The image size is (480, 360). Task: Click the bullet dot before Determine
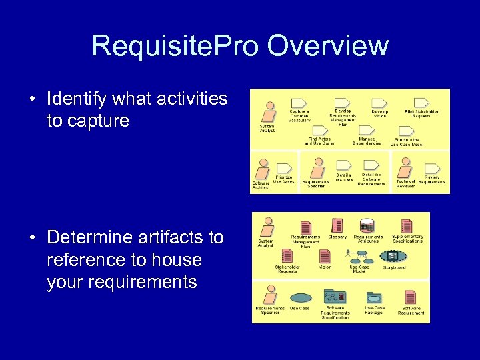33,237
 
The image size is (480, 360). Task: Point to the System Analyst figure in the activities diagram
269,109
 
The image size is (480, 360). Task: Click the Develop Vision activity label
379,114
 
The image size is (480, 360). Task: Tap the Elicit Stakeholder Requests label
421,114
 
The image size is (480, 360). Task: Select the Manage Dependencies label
366,141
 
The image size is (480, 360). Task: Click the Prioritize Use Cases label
283,179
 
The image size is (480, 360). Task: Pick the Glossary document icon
337,225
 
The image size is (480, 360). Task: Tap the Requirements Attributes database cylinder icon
367,225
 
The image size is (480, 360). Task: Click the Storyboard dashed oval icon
394,256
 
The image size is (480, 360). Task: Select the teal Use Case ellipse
300,297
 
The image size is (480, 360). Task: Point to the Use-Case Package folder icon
375,296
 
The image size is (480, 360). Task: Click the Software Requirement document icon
411,297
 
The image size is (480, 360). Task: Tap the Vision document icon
325,256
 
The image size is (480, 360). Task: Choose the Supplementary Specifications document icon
407,225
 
